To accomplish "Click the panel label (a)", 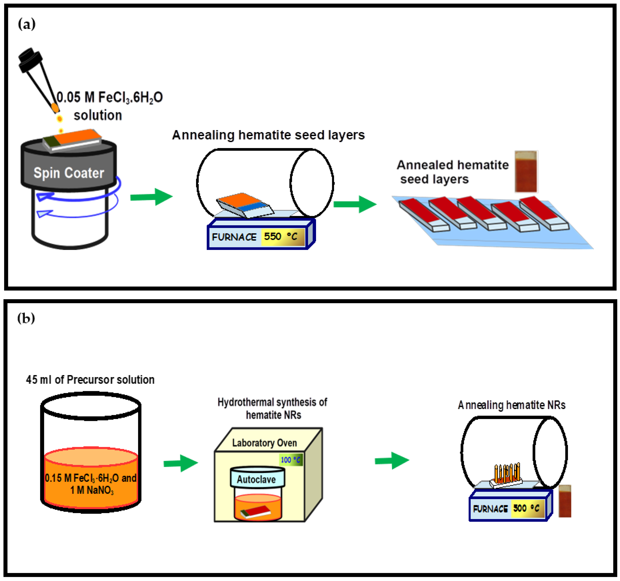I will [26, 24].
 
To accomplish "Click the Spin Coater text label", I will [69, 173].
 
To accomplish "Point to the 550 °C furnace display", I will [282, 236].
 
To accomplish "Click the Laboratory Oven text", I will [264, 443].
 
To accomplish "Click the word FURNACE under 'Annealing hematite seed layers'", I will [234, 237].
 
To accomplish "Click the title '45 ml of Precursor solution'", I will [90, 380].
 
